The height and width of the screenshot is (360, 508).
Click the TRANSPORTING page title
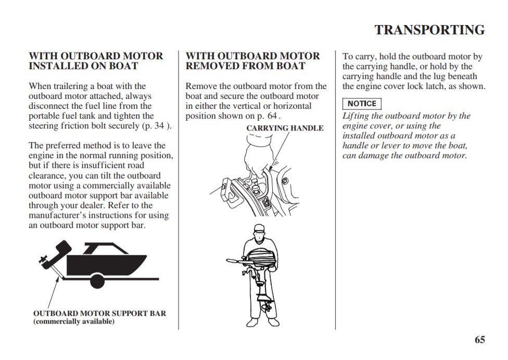point(429,30)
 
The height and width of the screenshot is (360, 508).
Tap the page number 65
point(479,340)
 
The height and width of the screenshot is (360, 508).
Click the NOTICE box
point(362,104)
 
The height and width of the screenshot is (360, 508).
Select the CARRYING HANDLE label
point(285,128)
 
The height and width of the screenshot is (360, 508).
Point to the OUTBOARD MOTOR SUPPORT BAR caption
point(99,313)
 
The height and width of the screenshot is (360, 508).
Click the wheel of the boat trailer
point(100,279)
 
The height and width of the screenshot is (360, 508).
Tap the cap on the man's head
point(259,228)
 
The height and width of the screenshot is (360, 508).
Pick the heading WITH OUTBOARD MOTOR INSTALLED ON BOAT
point(96,61)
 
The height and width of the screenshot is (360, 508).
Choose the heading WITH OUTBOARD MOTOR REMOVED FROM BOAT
point(253,61)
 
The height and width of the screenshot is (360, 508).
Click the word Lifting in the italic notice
point(355,116)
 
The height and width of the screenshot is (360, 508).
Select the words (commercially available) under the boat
point(74,322)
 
